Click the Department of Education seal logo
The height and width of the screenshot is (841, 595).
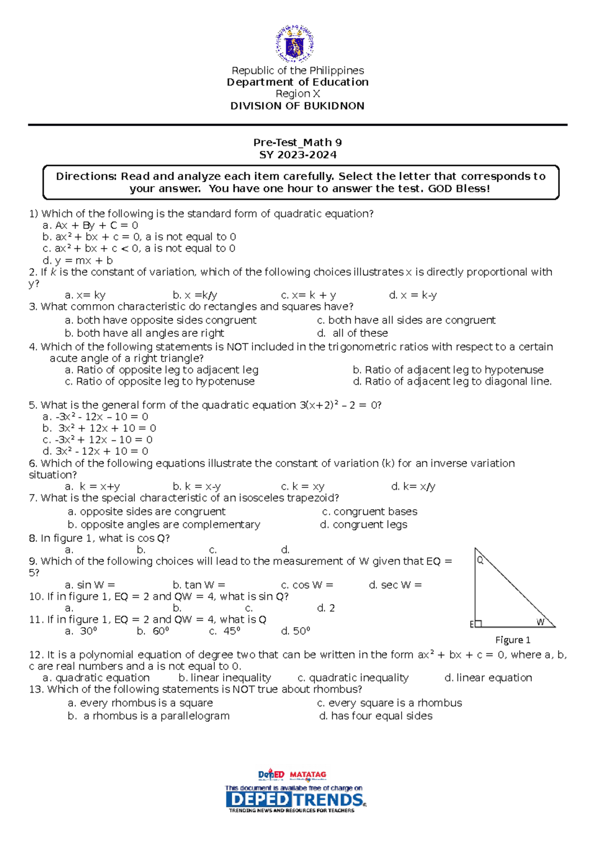coord(295,44)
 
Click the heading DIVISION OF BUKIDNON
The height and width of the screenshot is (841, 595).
coord(297,106)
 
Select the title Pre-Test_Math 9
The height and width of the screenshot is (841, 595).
coord(297,143)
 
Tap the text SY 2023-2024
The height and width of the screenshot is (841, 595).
coord(297,155)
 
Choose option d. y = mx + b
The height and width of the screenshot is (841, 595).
coord(78,261)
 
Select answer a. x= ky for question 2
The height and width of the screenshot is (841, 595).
coord(85,296)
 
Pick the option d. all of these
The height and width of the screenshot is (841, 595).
coord(353,333)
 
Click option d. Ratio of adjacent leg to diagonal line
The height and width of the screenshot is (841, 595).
coord(452,382)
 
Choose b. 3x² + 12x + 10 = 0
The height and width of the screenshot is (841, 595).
coord(99,428)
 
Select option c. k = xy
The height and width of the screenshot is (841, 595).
coord(302,487)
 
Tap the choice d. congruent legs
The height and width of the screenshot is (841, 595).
coord(363,525)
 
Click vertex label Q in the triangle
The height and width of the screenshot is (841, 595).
coord(479,560)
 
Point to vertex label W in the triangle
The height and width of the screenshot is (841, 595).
coord(540,622)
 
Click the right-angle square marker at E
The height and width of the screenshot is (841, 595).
coord(478,624)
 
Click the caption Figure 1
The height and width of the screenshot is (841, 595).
coord(513,640)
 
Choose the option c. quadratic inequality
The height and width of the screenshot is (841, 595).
coord(353,678)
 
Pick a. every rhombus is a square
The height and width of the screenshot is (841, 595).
coord(140,703)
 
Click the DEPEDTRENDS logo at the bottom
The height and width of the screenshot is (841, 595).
coord(296,800)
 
